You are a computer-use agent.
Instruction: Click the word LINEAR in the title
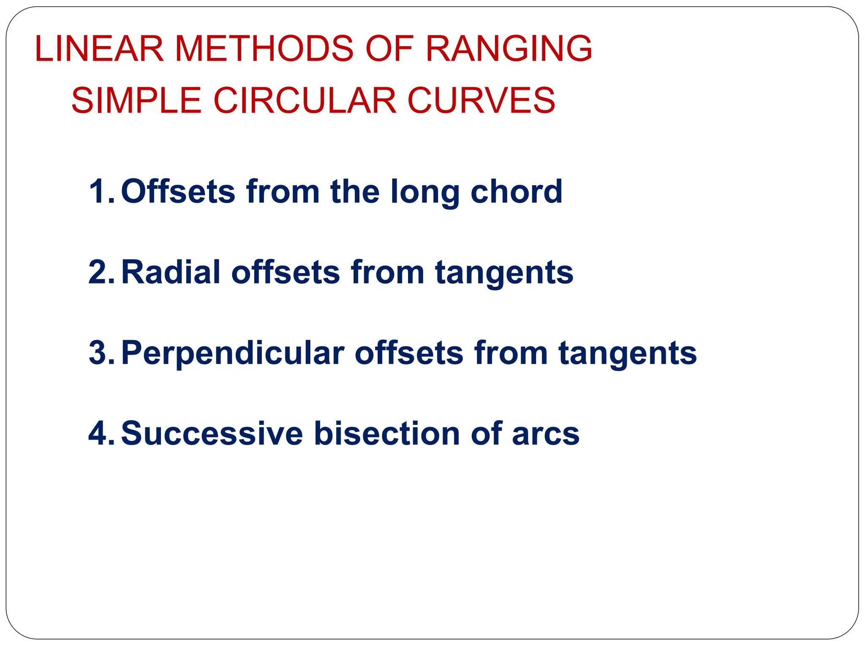pos(99,49)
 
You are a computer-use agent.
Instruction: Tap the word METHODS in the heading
pos(264,49)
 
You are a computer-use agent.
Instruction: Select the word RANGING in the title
pos(509,49)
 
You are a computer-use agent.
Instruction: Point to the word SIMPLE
pos(136,101)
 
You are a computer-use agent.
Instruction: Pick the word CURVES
pos(481,101)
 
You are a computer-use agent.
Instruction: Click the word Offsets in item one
pos(178,192)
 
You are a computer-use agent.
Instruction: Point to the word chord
pos(516,192)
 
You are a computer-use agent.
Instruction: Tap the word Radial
pos(171,272)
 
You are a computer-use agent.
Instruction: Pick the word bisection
pos(387,433)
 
